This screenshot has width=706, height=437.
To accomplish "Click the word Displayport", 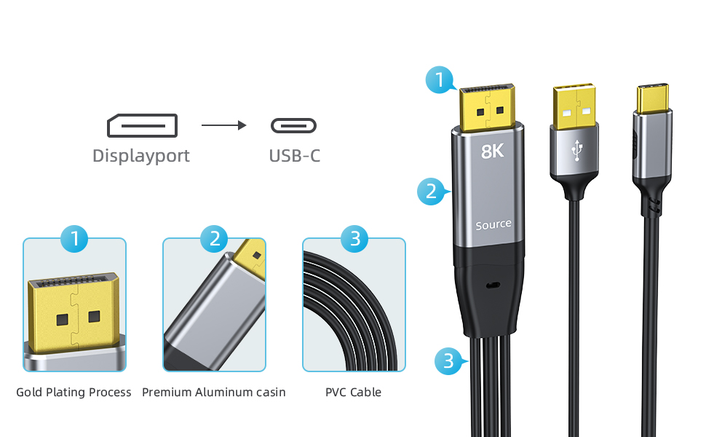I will click(x=141, y=156).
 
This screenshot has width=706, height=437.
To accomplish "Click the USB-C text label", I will click(x=294, y=156).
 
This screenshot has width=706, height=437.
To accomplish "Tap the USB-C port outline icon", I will click(x=293, y=125).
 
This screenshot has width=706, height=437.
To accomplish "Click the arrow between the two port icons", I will click(x=223, y=125).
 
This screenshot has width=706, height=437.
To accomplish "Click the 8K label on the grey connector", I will click(x=493, y=151).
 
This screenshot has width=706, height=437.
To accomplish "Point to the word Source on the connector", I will click(x=493, y=225).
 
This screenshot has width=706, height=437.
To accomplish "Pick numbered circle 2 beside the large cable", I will click(x=431, y=192).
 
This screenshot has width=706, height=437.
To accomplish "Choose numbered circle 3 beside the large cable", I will click(x=448, y=361).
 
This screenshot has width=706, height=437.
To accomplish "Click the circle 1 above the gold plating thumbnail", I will click(x=74, y=238).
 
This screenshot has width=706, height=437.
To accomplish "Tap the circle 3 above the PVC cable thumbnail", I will click(x=354, y=238).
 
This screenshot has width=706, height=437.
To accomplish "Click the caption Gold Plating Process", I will click(x=74, y=392).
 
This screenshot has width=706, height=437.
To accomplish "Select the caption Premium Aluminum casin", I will click(x=213, y=392).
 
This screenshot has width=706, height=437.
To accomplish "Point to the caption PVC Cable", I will click(x=353, y=392).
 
